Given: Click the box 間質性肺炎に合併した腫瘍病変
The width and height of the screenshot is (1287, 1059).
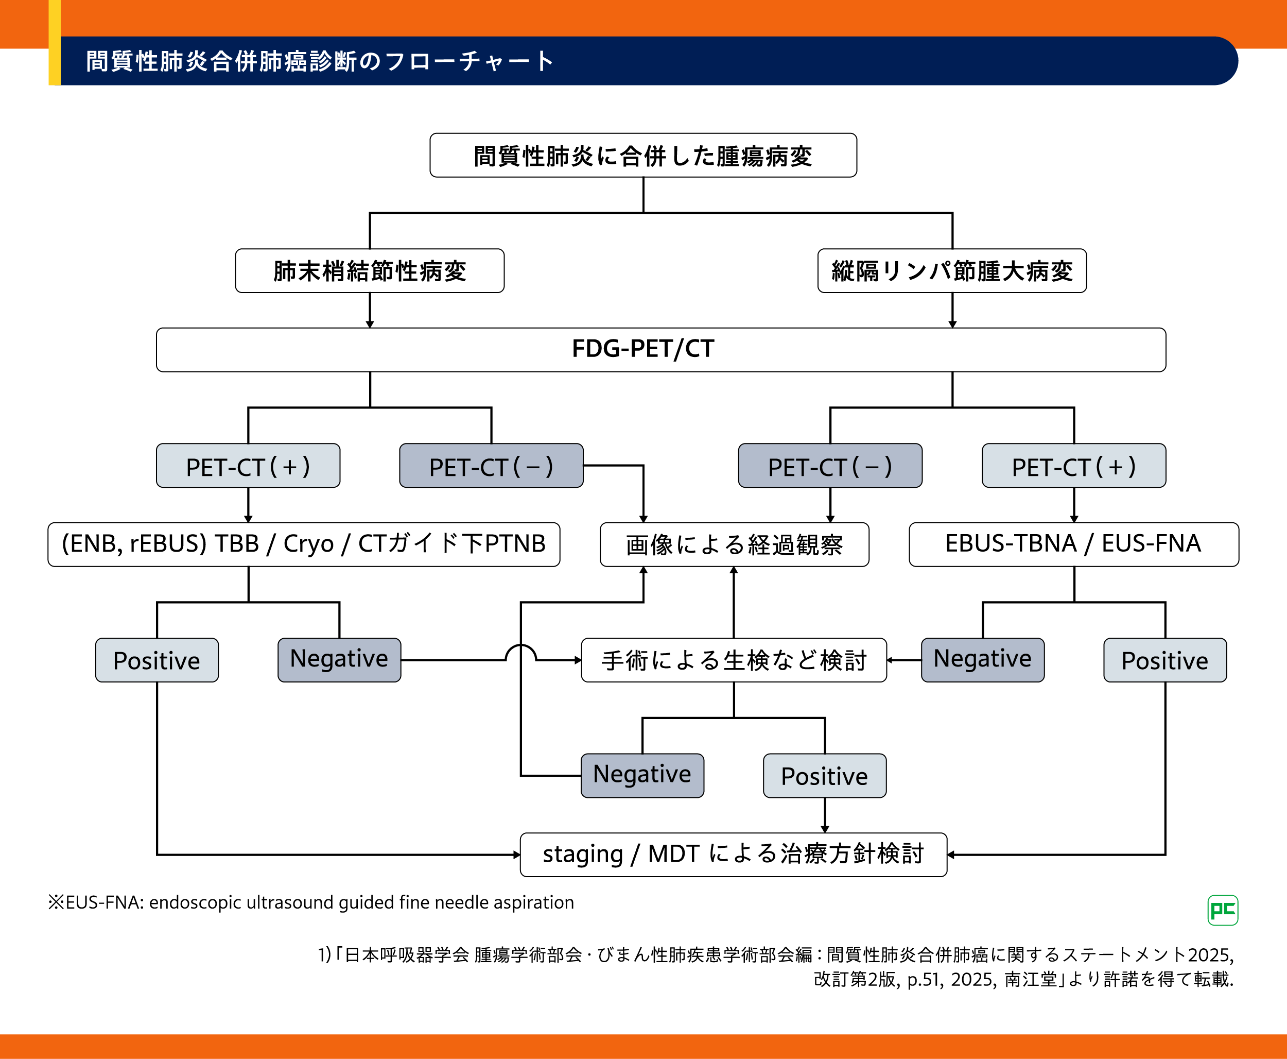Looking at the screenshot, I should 642,156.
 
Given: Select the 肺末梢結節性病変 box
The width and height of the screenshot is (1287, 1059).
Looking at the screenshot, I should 370,271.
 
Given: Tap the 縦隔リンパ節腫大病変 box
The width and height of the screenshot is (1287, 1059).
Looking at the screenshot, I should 952,271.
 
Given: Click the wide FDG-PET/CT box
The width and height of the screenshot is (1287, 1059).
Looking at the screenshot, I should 661,350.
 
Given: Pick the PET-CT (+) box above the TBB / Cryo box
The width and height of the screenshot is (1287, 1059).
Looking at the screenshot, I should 248,466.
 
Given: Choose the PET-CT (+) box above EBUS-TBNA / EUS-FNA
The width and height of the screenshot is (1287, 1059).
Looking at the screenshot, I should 1074,466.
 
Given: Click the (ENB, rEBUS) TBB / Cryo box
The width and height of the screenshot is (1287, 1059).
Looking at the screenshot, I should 304,544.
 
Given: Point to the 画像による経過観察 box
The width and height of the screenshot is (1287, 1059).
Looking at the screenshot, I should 734,544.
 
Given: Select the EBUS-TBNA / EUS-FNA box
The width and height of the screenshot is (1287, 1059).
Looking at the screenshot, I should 1074,544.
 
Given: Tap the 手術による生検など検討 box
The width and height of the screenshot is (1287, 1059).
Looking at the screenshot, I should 734,660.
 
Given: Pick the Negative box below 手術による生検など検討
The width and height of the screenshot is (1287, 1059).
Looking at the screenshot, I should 642,775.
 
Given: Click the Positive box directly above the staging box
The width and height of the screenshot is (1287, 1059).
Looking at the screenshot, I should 824,775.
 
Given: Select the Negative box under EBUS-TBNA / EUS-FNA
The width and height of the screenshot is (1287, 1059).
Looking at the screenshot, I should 982,660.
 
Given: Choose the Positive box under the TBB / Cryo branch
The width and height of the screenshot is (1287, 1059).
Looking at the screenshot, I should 156,660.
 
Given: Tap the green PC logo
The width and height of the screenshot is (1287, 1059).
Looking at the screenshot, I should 1222,910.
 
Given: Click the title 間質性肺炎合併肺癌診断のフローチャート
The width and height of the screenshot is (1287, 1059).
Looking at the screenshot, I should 320,61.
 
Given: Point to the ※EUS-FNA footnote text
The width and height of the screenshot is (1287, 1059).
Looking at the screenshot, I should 311,902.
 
